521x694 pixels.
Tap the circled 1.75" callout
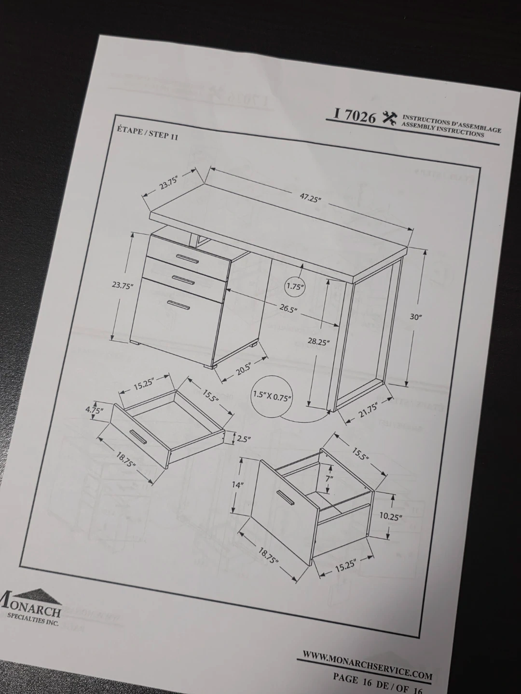click(296, 286)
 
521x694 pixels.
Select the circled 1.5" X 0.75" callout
click(272, 396)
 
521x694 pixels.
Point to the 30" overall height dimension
click(416, 317)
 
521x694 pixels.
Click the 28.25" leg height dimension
click(319, 341)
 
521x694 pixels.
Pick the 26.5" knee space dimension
click(288, 308)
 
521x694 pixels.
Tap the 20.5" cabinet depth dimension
click(244, 369)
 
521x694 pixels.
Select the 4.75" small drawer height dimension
click(94, 411)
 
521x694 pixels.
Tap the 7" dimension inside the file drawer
click(329, 479)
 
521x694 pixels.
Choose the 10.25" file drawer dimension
click(391, 516)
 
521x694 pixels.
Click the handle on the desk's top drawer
click(187, 258)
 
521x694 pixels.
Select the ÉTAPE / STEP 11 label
click(148, 133)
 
